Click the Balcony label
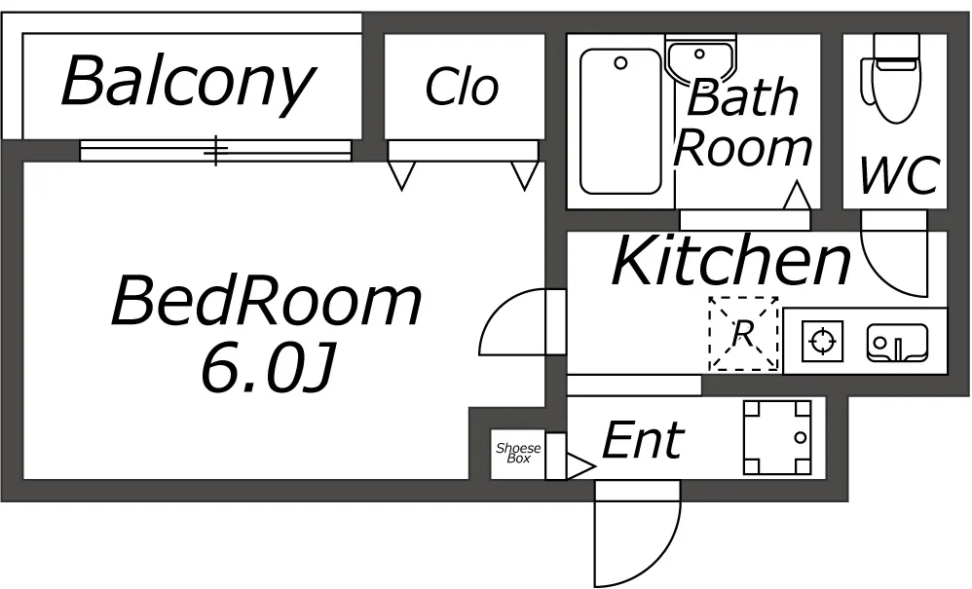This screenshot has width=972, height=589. (188, 83)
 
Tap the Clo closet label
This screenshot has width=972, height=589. (462, 88)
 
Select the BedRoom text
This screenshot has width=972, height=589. (266, 301)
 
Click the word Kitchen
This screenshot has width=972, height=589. (730, 261)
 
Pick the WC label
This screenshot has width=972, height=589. (897, 175)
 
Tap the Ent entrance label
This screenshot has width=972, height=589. (643, 440)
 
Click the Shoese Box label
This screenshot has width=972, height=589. (518, 453)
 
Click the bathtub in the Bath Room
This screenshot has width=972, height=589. (620, 122)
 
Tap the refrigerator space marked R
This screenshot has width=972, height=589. (743, 334)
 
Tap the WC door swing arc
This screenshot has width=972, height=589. (894, 263)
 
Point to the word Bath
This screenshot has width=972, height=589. (742, 96)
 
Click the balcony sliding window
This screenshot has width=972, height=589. (214, 150)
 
